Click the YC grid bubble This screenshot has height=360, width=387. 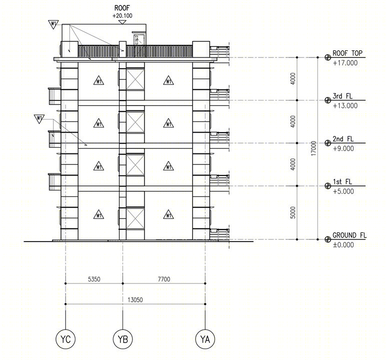(x=65, y=339)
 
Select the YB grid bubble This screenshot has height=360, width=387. (x=122, y=339)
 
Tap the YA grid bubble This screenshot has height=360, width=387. (x=205, y=339)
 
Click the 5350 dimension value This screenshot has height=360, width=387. (x=94, y=279)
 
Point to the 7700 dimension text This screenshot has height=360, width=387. (x=164, y=279)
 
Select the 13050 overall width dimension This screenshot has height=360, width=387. (x=135, y=300)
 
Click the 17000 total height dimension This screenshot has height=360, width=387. (x=313, y=148)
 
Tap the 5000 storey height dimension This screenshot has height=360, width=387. (x=292, y=212)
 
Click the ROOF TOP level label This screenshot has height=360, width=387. (x=347, y=53)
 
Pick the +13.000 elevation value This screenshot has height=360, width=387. (x=345, y=106)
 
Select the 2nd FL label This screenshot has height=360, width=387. (x=343, y=139)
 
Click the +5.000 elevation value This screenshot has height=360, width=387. (x=343, y=191)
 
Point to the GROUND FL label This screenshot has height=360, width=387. (x=349, y=235)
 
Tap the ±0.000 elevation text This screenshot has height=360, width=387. (x=343, y=245)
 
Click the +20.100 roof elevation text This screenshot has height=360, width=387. (x=122, y=16)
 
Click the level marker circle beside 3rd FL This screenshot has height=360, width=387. (x=328, y=100)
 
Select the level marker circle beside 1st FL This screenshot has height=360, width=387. (x=328, y=186)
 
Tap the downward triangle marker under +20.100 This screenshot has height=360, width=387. (x=122, y=22)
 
